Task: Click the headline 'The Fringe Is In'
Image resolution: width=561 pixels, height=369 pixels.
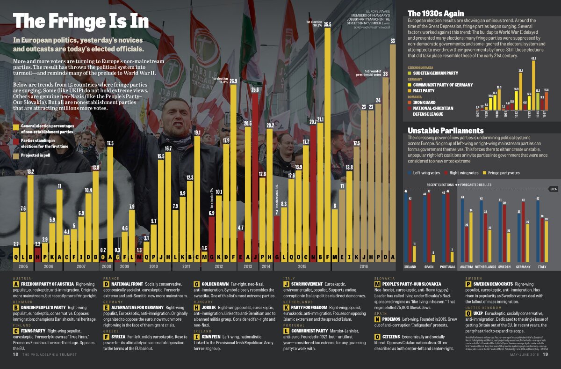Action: click(81, 21)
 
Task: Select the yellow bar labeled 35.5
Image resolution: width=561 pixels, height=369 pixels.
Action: click(327, 140)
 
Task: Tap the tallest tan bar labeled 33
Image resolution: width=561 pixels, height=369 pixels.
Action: click(393, 150)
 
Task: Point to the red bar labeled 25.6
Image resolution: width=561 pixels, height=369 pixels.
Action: click(255, 173)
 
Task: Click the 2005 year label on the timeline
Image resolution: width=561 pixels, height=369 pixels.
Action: click(23, 266)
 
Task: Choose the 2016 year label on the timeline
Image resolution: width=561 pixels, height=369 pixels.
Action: click(363, 266)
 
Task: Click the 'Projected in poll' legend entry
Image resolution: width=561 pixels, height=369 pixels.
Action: click(35, 155)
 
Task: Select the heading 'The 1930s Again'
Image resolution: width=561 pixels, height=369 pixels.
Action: click(436, 13)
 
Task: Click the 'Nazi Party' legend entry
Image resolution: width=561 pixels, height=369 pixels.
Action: click(424, 90)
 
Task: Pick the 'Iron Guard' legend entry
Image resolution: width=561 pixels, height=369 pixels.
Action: click(424, 102)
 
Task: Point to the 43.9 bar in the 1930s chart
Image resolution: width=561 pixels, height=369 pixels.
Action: click(533, 84)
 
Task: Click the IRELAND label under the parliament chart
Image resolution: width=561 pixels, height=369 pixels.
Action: click(410, 266)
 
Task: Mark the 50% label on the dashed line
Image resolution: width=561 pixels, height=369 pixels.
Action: click(554, 189)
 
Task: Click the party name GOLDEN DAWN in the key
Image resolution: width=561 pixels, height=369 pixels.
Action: click(216, 284)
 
